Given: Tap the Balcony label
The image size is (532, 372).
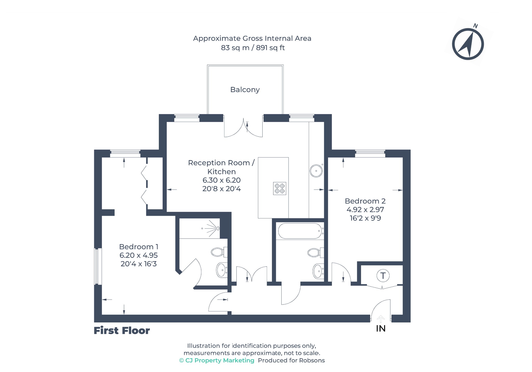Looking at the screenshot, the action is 245,90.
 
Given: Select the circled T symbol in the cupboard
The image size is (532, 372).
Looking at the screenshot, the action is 383,275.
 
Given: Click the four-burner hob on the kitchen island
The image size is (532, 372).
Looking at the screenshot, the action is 280,188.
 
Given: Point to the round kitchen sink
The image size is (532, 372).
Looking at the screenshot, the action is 316,171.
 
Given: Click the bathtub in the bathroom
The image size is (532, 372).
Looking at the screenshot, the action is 300,231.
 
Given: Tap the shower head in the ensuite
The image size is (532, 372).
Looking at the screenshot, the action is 218,228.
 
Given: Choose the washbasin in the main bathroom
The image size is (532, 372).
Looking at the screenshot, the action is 318,271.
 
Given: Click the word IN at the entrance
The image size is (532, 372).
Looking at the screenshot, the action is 381,329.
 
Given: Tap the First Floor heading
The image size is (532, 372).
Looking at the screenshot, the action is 122,331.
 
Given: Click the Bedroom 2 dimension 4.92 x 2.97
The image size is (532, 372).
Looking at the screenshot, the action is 365,210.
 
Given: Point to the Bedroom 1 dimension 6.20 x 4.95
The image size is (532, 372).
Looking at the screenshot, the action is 138,255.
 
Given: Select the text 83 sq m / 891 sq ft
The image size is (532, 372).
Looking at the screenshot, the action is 253,48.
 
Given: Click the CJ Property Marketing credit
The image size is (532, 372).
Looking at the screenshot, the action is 217,360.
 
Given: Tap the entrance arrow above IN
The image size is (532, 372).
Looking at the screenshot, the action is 381,319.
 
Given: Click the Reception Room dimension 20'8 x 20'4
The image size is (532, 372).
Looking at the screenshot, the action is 222,189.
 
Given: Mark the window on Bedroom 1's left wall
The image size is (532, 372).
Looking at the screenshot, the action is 98,266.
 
